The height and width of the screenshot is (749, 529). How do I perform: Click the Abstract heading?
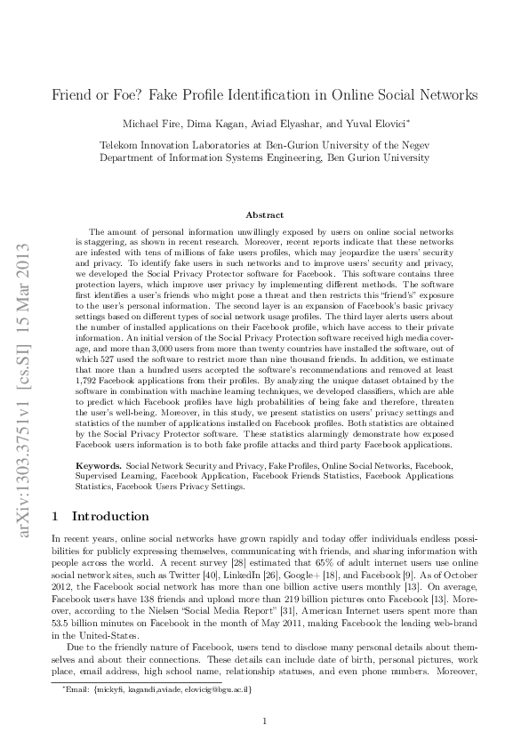265,214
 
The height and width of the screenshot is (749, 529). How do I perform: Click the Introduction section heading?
110,516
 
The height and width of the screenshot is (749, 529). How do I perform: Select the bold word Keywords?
100,465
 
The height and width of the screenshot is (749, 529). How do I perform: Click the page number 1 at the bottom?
265,721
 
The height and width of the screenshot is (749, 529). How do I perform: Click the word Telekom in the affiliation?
119,142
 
